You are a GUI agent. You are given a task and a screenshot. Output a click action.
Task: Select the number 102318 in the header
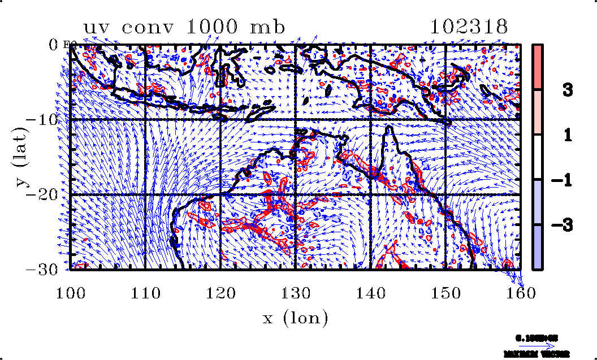click(x=469, y=27)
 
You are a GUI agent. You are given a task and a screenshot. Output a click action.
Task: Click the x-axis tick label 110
click(x=145, y=292)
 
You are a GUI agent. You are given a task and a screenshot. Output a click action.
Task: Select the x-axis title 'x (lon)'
click(x=296, y=318)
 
